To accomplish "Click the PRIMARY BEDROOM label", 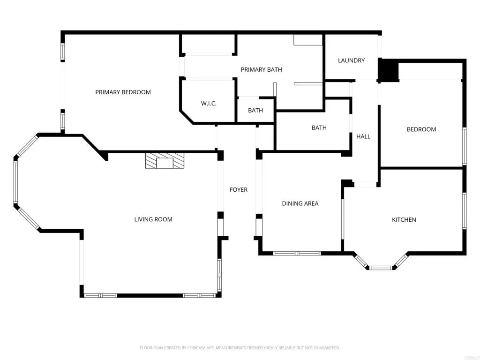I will tap(123, 92).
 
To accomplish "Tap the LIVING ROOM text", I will tap(153, 219).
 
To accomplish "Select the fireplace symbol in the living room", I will tap(165, 161).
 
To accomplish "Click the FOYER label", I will tap(238, 190).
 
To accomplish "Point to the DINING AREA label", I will tap(300, 203).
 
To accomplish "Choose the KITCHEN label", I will tap(404, 220).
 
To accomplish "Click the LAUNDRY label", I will tap(351, 60).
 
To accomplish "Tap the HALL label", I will tap(363, 136).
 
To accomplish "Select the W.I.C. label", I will tap(209, 104).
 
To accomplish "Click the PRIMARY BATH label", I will tap(261, 70).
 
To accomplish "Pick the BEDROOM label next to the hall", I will tap(421, 129).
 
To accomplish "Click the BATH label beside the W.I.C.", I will tap(255, 111).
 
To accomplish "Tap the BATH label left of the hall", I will tap(319, 127).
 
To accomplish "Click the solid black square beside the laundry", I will tap(388, 71).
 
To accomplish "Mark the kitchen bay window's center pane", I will tap(380, 268).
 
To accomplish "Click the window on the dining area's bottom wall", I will tap(297, 253).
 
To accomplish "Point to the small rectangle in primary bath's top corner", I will tap(307, 40).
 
